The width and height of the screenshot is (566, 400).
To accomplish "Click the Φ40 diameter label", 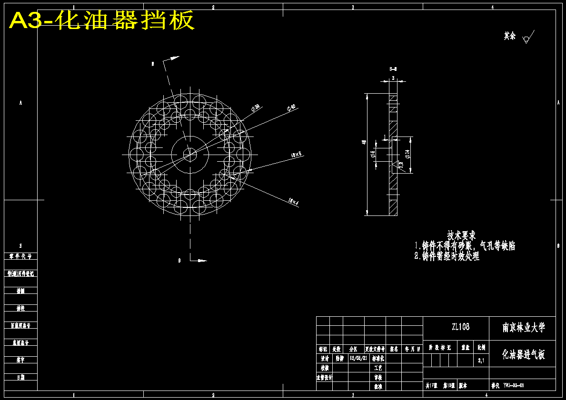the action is [x=291, y=108].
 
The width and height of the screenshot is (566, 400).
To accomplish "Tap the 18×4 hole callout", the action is [x=293, y=202].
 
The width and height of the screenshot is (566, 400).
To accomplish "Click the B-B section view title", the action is [x=393, y=69].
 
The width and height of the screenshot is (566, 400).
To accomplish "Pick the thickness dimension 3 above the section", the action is [x=393, y=78].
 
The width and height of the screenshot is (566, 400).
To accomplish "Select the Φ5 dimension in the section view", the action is [x=373, y=154].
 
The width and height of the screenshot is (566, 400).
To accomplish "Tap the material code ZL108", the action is [x=460, y=327].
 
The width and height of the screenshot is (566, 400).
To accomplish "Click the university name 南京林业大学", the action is [x=524, y=327].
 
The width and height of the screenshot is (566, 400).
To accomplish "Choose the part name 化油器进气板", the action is [x=524, y=354].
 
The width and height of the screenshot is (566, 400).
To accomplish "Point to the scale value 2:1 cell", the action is [x=481, y=361].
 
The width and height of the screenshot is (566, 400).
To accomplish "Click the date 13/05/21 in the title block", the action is [x=358, y=358].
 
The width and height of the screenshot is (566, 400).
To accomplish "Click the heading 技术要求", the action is [x=461, y=235].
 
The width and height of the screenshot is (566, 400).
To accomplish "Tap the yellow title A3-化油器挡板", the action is [x=101, y=20].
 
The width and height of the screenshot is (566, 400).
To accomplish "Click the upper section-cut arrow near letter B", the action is [x=172, y=59].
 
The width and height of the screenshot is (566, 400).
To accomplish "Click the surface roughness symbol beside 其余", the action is [x=527, y=38].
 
